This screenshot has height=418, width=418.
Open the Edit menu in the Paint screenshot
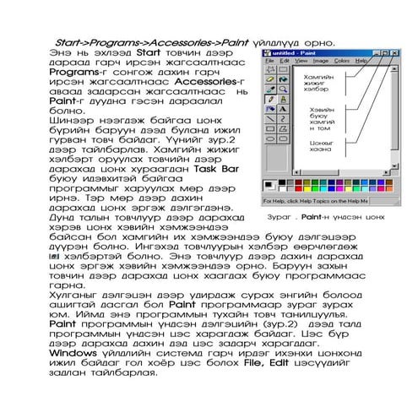(285, 61)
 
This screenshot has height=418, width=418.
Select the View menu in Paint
(301, 61)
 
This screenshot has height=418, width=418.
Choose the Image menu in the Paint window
(321, 61)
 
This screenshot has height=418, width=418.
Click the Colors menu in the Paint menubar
(342, 61)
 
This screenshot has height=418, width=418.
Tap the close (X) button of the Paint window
(394, 52)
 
